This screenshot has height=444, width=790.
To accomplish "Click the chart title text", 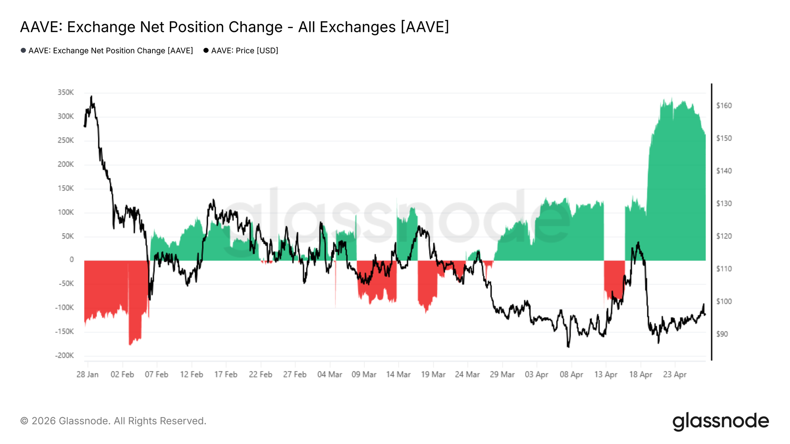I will pos(234,27).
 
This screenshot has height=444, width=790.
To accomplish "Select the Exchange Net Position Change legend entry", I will pos(107,51).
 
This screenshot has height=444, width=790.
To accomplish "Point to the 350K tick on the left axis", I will pos(66,92).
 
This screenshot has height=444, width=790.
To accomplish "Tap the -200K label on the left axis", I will pos(64,356).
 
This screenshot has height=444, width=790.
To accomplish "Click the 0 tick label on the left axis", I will pos(71,260).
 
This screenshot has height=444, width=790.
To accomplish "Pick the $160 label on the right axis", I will pos(724,106).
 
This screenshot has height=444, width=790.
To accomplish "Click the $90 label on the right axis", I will pos(722,334).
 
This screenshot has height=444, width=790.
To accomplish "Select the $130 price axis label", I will pos(724,204).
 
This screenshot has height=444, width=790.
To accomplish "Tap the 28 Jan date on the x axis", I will pos(87,375).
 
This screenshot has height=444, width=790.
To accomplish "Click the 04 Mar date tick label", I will pos(329,375).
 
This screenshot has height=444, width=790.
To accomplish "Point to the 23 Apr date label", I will pos(675,375).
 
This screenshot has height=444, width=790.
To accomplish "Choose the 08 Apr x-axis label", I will pos(571,375).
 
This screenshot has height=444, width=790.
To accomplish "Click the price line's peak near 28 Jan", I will pos(91,96).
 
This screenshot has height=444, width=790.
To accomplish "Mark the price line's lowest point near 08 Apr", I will pos(568,347).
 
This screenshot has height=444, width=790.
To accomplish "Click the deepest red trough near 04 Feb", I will pos(131,344).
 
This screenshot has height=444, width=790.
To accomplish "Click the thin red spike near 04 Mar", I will pos(335,292).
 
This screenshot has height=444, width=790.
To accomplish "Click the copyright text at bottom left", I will pos(113,421).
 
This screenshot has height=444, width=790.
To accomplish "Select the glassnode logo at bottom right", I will pos(720,421).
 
